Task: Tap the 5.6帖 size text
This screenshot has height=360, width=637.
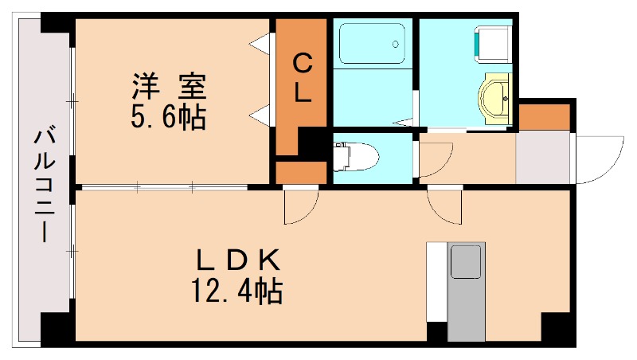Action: pos(168,118)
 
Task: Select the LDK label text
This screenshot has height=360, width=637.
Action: pos(237,260)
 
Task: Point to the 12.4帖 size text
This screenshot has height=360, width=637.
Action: pos(236,292)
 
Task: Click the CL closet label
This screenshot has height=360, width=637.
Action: pos(302,77)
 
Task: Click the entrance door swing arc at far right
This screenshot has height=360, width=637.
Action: pos(600,160)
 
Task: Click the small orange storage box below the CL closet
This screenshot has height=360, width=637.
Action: pos(301,171)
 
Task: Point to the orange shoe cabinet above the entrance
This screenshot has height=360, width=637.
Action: pos(545,116)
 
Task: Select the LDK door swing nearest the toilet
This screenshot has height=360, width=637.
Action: pos(302,205)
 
